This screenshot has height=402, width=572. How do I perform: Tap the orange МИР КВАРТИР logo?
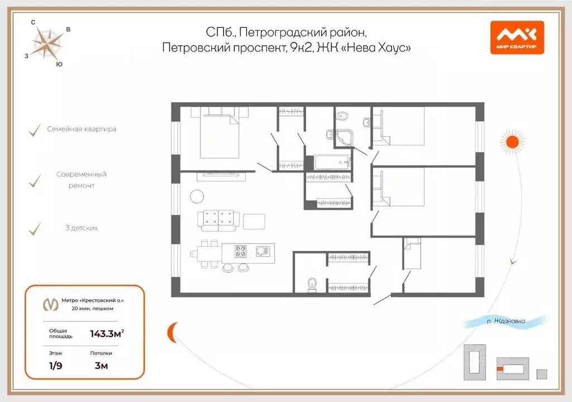click(x=517, y=37)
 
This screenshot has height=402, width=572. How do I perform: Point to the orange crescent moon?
click(x=172, y=333)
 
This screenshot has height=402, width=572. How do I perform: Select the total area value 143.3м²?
click(x=107, y=334)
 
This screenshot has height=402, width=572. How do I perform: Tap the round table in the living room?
click(x=198, y=196)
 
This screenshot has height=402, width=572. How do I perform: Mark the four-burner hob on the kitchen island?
click(x=240, y=252)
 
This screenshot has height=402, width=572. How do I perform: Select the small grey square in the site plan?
click(x=541, y=374)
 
